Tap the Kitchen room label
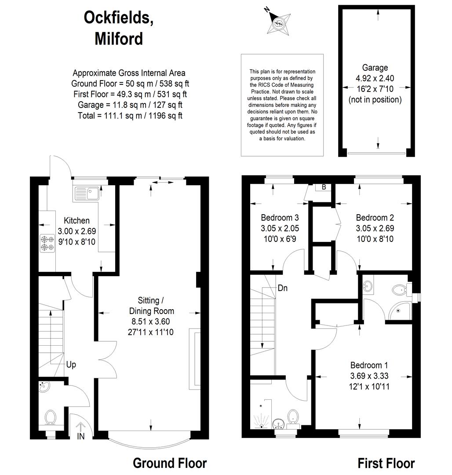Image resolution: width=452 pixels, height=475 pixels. coord(77,220)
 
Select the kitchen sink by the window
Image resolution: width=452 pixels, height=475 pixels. coord(87,193)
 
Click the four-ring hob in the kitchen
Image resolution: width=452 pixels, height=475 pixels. coord(47,243)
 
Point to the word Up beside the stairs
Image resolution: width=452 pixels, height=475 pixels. coord(71,365)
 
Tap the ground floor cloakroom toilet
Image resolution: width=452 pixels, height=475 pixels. coord(50,418)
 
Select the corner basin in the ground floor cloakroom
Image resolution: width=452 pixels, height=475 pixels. coord(44,387)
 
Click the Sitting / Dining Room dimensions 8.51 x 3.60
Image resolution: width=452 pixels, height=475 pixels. coord(151,322)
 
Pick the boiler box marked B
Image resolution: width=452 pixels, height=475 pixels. coord(324,187)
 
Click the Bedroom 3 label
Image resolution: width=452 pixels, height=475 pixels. coord(280,218)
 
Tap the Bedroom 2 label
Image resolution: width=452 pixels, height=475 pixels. coord(375,218)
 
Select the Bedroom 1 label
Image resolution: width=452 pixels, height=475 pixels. coord(369,365)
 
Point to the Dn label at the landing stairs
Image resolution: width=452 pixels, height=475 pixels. coord(282,288)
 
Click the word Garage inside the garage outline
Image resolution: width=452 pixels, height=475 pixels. coord(375,68)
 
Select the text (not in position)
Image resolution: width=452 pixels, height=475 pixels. coord(375,100)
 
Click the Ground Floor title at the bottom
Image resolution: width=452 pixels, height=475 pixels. coord(170,463)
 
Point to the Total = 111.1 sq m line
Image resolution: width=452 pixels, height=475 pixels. coord(130,115)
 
